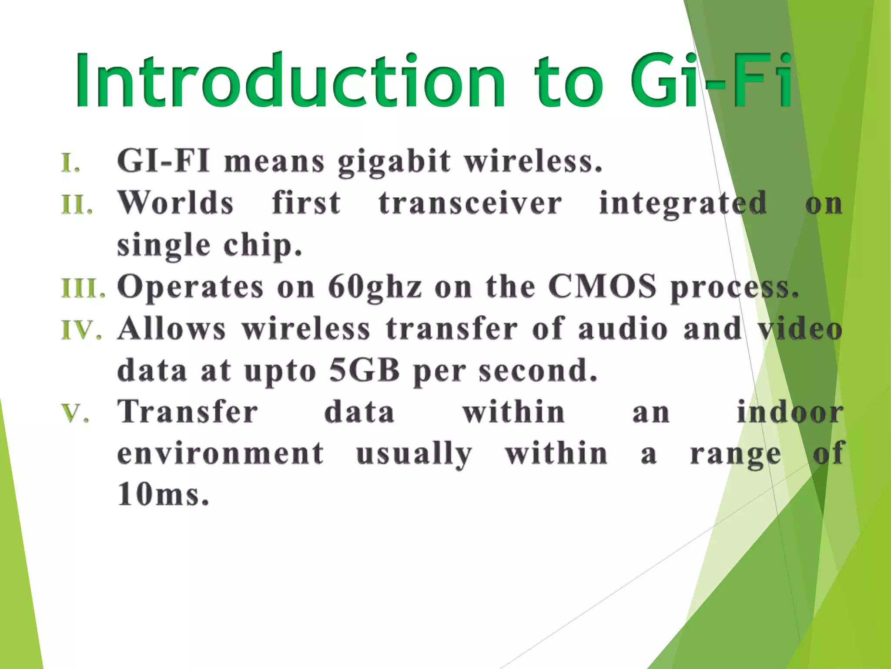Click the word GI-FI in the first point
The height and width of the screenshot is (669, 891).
(163, 161)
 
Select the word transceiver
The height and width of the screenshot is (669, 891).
(470, 203)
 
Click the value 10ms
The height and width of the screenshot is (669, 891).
(163, 495)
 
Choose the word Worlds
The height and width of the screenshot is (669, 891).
(176, 203)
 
